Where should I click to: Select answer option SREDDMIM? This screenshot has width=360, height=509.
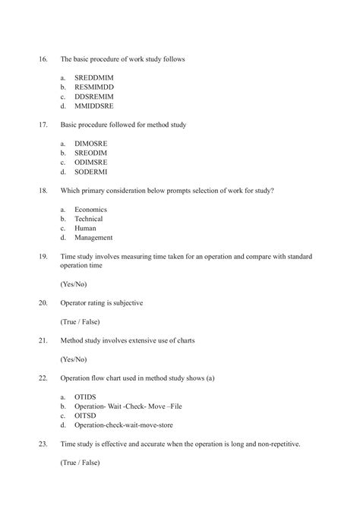[93, 78]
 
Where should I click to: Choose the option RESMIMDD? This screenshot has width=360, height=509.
[93, 87]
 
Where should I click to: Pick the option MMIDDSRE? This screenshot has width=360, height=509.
[93, 106]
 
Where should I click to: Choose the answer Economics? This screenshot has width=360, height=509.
[90, 209]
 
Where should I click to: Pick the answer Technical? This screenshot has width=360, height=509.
[88, 219]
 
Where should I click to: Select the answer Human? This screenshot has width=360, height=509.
[85, 228]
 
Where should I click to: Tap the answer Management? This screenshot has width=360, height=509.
[93, 237]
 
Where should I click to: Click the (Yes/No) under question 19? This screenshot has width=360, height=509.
[74, 284]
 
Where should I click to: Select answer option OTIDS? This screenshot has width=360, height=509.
[85, 397]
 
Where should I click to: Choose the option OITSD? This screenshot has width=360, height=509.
[85, 416]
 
